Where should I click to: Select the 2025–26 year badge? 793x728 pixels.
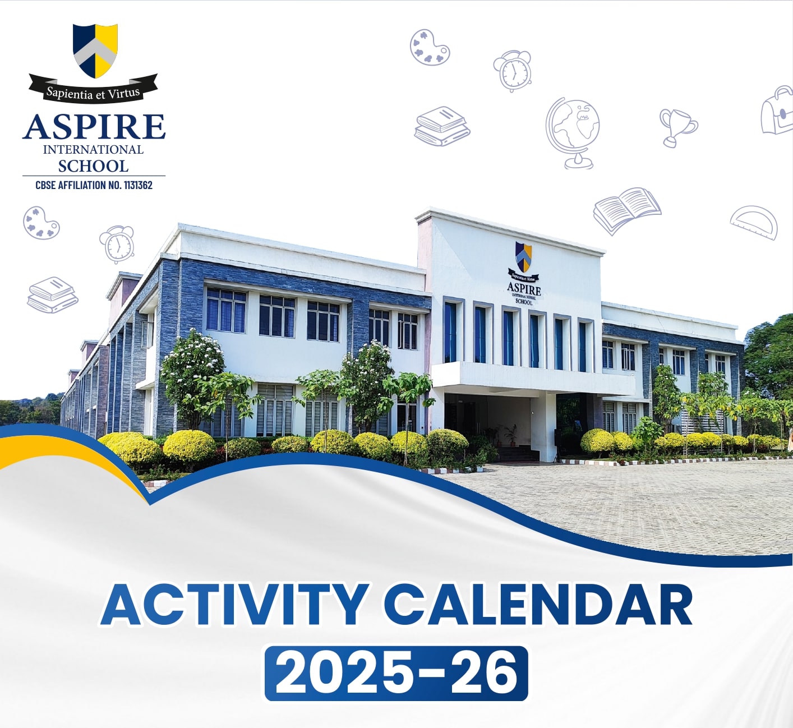coord(396,673)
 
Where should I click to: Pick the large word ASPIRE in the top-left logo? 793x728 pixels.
coord(94,127)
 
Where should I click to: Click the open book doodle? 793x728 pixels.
coord(626,209)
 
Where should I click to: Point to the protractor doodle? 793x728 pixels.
coord(755,222)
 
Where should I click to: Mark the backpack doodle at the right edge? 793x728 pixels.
coord(778,110)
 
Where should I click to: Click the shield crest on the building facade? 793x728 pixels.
coord(523,257)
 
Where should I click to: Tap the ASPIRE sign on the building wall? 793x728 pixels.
coord(524,289)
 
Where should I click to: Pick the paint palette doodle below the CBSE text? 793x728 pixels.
coord(41,223)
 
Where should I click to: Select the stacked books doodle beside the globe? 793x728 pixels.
coord(442,126)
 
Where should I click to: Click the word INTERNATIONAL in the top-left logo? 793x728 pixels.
coord(93,150)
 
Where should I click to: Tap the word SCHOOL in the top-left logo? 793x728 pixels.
coord(93,166)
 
